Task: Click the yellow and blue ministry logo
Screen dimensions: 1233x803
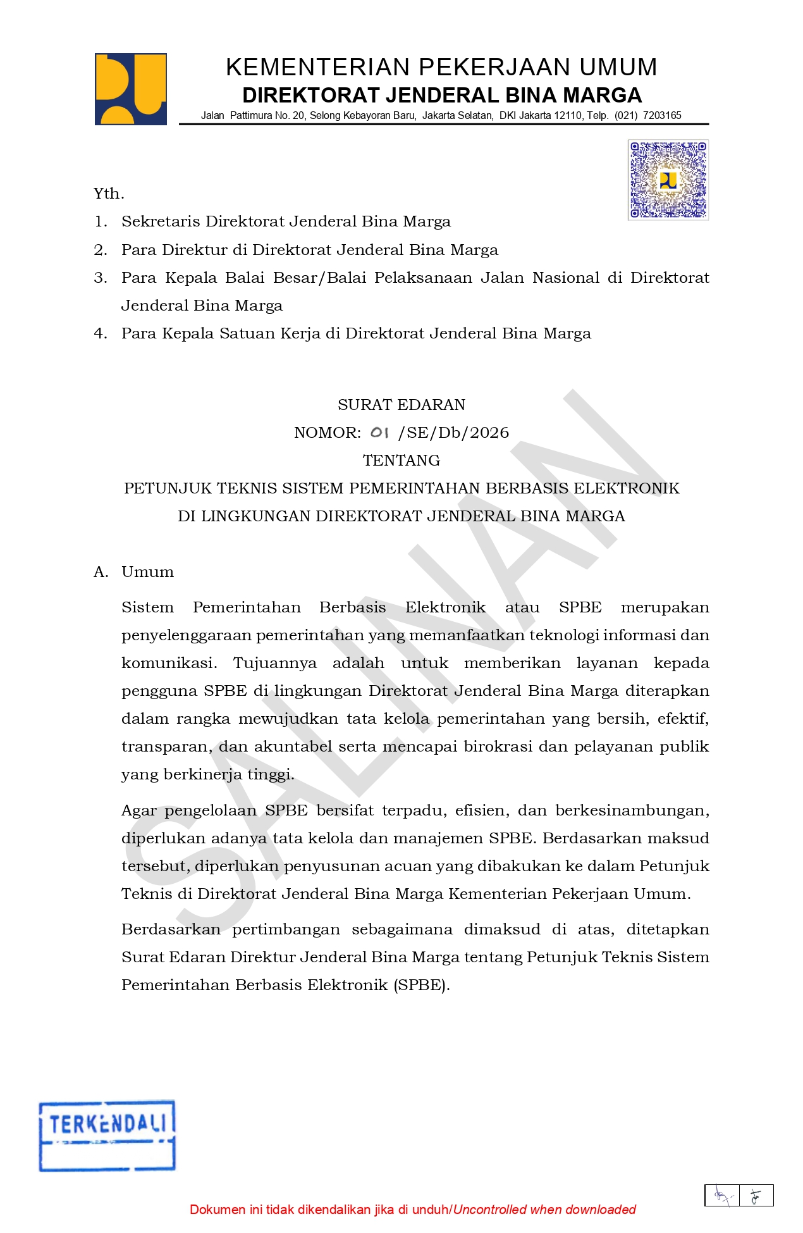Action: pyautogui.click(x=131, y=89)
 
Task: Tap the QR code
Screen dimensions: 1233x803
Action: pyautogui.click(x=668, y=180)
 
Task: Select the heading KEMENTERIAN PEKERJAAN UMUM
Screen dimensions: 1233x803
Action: pyautogui.click(x=441, y=67)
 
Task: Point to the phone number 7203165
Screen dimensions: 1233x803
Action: pyautogui.click(x=662, y=116)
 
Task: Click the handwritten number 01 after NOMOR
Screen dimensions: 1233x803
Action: pyautogui.click(x=379, y=433)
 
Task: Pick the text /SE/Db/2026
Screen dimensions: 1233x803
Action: pyautogui.click(x=453, y=433)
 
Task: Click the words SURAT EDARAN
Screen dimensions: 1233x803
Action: pyautogui.click(x=402, y=405)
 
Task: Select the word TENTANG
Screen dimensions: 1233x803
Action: pyautogui.click(x=402, y=461)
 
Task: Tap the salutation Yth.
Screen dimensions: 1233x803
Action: pyautogui.click(x=109, y=194)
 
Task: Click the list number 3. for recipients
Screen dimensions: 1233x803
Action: pyautogui.click(x=101, y=278)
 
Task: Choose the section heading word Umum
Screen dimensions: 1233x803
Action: pyautogui.click(x=147, y=572)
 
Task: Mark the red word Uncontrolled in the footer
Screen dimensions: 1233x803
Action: pyautogui.click(x=489, y=1210)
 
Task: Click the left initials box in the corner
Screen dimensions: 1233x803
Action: pyautogui.click(x=722, y=1196)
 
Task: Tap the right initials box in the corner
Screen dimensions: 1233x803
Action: pyautogui.click(x=756, y=1196)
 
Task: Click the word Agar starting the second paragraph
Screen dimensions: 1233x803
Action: pyautogui.click(x=138, y=810)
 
